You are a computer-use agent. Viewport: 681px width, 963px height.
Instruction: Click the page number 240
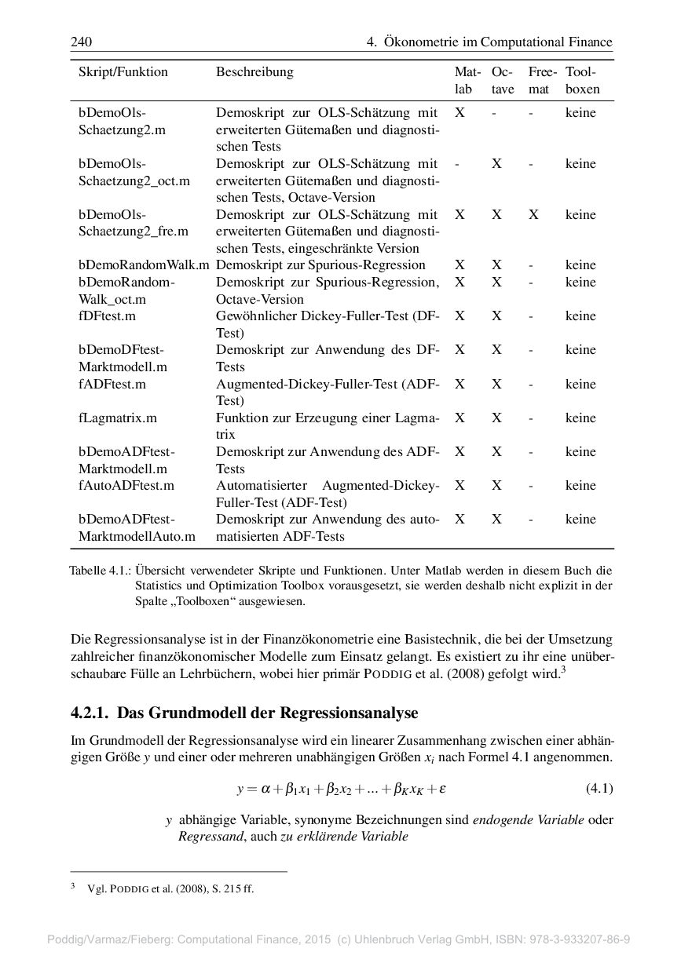point(81,42)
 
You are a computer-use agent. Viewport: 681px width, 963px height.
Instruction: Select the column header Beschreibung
point(254,72)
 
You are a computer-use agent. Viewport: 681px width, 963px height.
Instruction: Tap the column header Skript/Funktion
point(123,72)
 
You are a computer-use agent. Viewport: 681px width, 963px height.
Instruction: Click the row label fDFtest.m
point(107,316)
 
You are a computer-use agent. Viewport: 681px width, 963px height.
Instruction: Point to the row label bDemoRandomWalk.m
point(144,265)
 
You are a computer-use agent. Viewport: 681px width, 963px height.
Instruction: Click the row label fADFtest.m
point(112,384)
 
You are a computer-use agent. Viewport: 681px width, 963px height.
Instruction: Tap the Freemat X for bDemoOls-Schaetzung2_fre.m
point(533,214)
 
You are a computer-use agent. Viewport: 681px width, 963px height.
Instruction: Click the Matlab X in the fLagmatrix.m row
point(459,418)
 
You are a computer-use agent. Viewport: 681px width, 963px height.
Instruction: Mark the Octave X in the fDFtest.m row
point(496,316)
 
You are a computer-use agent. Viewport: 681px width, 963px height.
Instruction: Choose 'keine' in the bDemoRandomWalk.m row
point(580,265)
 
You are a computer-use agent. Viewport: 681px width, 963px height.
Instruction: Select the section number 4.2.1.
point(90,713)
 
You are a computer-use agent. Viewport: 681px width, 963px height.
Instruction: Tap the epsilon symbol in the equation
point(442,787)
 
